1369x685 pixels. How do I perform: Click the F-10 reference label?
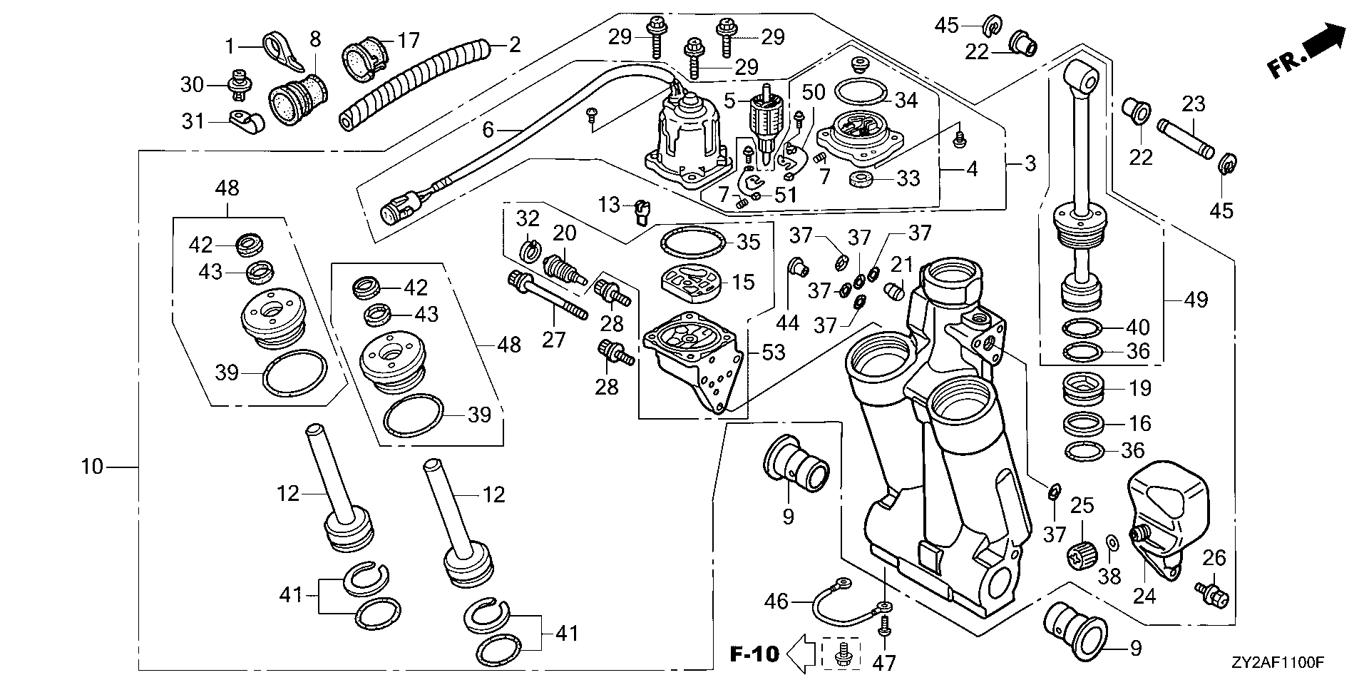[x=754, y=653]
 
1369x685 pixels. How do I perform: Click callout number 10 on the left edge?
[x=92, y=467]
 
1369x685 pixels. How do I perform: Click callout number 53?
[x=773, y=351]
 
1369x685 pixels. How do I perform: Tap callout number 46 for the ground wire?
[x=776, y=602]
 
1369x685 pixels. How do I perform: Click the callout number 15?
[x=744, y=281]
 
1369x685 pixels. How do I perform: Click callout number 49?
[x=1196, y=299]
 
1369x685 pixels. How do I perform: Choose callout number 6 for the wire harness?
[x=488, y=130]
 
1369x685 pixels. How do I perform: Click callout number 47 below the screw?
[x=884, y=663]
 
